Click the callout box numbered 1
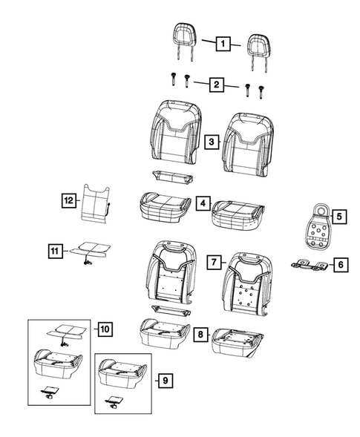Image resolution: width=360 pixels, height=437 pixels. [x=223, y=44]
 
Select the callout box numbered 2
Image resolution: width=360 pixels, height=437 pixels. [x=217, y=85]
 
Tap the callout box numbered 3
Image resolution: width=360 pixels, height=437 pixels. [x=212, y=142]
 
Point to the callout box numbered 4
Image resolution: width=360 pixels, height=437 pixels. [x=203, y=203]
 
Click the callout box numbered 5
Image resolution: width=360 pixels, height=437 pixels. [x=339, y=216]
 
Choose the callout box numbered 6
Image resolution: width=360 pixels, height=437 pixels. [x=341, y=264]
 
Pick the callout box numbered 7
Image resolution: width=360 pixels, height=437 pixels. [x=214, y=262]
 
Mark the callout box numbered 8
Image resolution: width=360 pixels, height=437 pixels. [x=200, y=334]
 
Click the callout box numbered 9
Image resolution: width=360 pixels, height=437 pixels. [x=166, y=380]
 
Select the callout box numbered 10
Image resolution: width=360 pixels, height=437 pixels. [x=105, y=329]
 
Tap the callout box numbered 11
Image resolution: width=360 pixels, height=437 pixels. [x=55, y=251]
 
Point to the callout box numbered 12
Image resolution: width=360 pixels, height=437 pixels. [x=68, y=200]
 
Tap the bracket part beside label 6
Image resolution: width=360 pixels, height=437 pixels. [x=310, y=265]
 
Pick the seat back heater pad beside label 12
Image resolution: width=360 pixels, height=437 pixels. [x=95, y=203]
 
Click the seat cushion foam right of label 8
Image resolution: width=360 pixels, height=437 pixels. [x=238, y=343]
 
